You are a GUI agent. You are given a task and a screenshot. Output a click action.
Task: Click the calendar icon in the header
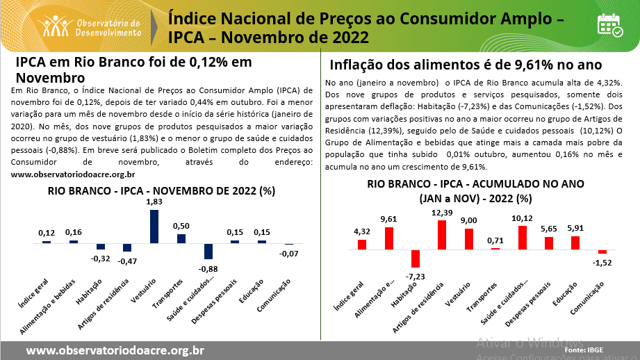pos(610,25)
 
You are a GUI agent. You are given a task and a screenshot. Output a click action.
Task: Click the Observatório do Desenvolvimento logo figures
pos(54,26)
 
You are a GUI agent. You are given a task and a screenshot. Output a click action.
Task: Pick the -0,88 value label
pos(208,268)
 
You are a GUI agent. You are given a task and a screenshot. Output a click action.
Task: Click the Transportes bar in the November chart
pos(181,238)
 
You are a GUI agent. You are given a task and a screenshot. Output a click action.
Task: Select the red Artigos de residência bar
pos(442,234)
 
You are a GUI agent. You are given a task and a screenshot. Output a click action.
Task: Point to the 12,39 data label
pos(442,213)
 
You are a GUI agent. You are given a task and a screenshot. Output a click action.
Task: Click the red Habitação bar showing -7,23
pos(416,258)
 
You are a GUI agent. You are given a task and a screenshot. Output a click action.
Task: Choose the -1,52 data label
pos(602,263)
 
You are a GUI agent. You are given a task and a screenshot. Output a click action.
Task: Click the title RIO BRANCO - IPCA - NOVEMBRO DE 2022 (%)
pos(161,190)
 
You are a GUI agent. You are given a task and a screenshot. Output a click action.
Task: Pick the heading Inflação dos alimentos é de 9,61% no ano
pos(465,65)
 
